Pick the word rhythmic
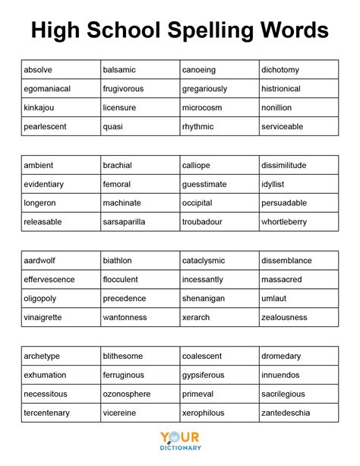[x=197, y=127]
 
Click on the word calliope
[x=196, y=165]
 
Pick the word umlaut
[x=274, y=299]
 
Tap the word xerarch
[x=196, y=318]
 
